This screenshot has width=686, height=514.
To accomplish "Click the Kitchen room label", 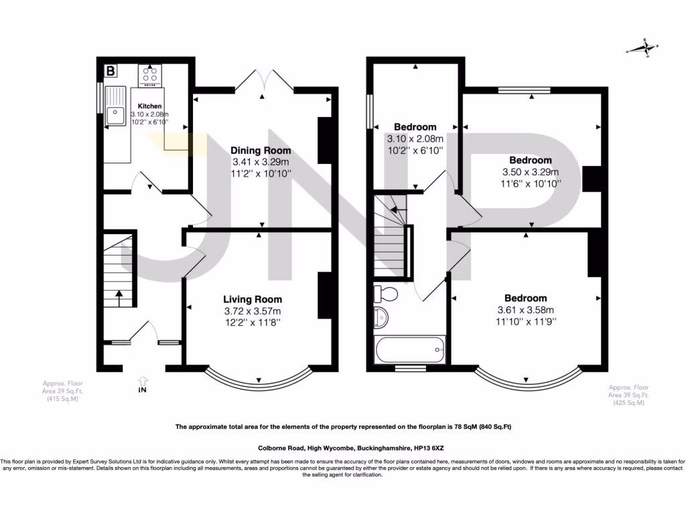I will pos(149,106).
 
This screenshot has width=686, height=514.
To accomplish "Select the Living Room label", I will pos(253,299).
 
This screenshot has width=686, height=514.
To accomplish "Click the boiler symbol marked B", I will pos(111,70).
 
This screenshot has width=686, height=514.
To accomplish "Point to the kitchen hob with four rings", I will pos(150,74).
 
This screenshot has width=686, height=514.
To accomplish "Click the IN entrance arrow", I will pos(142,384).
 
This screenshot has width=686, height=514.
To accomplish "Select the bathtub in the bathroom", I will pos(409,349).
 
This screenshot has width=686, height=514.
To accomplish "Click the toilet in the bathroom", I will pos(385,294).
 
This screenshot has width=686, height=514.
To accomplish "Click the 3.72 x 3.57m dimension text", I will pos(253,311).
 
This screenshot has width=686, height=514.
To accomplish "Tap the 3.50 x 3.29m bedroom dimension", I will pos(530,171).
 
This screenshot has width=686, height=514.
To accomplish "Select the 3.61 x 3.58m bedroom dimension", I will pos(526,310).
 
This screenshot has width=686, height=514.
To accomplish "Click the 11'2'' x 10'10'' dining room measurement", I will pos(261,173).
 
